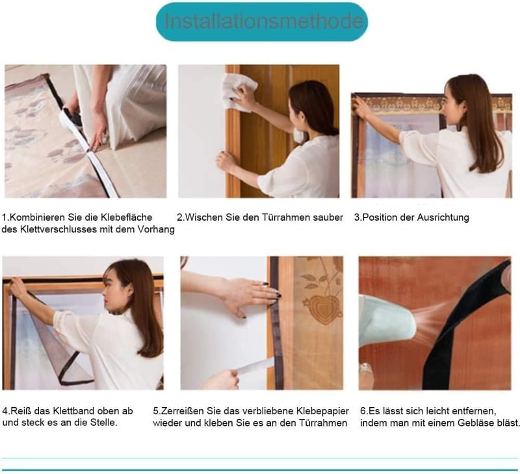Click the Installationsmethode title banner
[x=262, y=21]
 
